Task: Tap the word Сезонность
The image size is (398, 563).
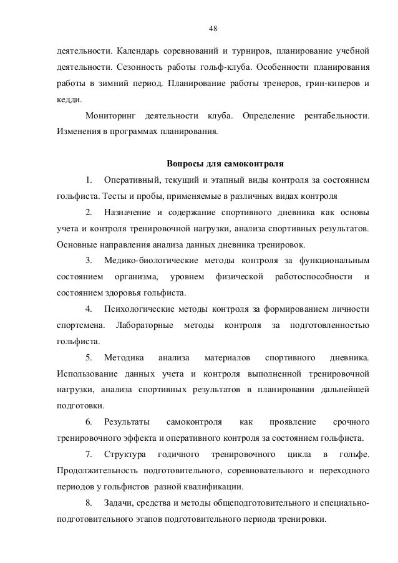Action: tap(145, 66)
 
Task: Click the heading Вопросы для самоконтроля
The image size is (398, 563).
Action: tap(226, 165)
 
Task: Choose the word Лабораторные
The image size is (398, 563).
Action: tap(145, 325)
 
